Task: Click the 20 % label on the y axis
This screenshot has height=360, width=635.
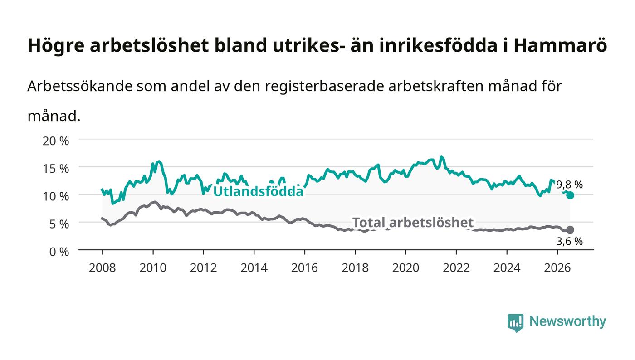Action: click(55, 141)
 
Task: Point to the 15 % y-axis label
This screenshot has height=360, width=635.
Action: click(55, 169)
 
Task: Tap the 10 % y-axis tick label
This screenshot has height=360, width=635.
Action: click(55, 196)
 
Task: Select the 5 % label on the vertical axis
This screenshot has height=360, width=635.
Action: click(59, 224)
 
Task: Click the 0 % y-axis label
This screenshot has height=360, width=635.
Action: click(59, 252)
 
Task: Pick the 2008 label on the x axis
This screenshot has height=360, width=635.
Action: click(103, 268)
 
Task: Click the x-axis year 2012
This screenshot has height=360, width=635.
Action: click(203, 268)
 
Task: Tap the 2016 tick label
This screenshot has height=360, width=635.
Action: click(304, 268)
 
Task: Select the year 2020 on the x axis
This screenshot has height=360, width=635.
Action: click(405, 268)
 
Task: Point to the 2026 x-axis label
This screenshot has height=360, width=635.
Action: click(557, 268)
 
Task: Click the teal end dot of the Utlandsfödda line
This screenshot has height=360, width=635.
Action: click(570, 195)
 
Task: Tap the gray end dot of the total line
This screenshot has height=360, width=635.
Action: click(570, 229)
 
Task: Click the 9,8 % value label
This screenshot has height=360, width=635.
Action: click(570, 185)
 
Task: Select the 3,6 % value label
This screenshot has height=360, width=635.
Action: click(570, 242)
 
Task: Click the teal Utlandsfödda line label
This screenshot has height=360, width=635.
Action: click(258, 191)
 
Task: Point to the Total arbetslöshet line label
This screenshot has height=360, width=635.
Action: click(413, 223)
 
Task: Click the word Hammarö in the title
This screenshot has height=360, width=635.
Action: click(560, 45)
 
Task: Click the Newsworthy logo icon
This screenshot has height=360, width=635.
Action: click(515, 322)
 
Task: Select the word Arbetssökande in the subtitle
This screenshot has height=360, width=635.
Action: click(80, 86)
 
